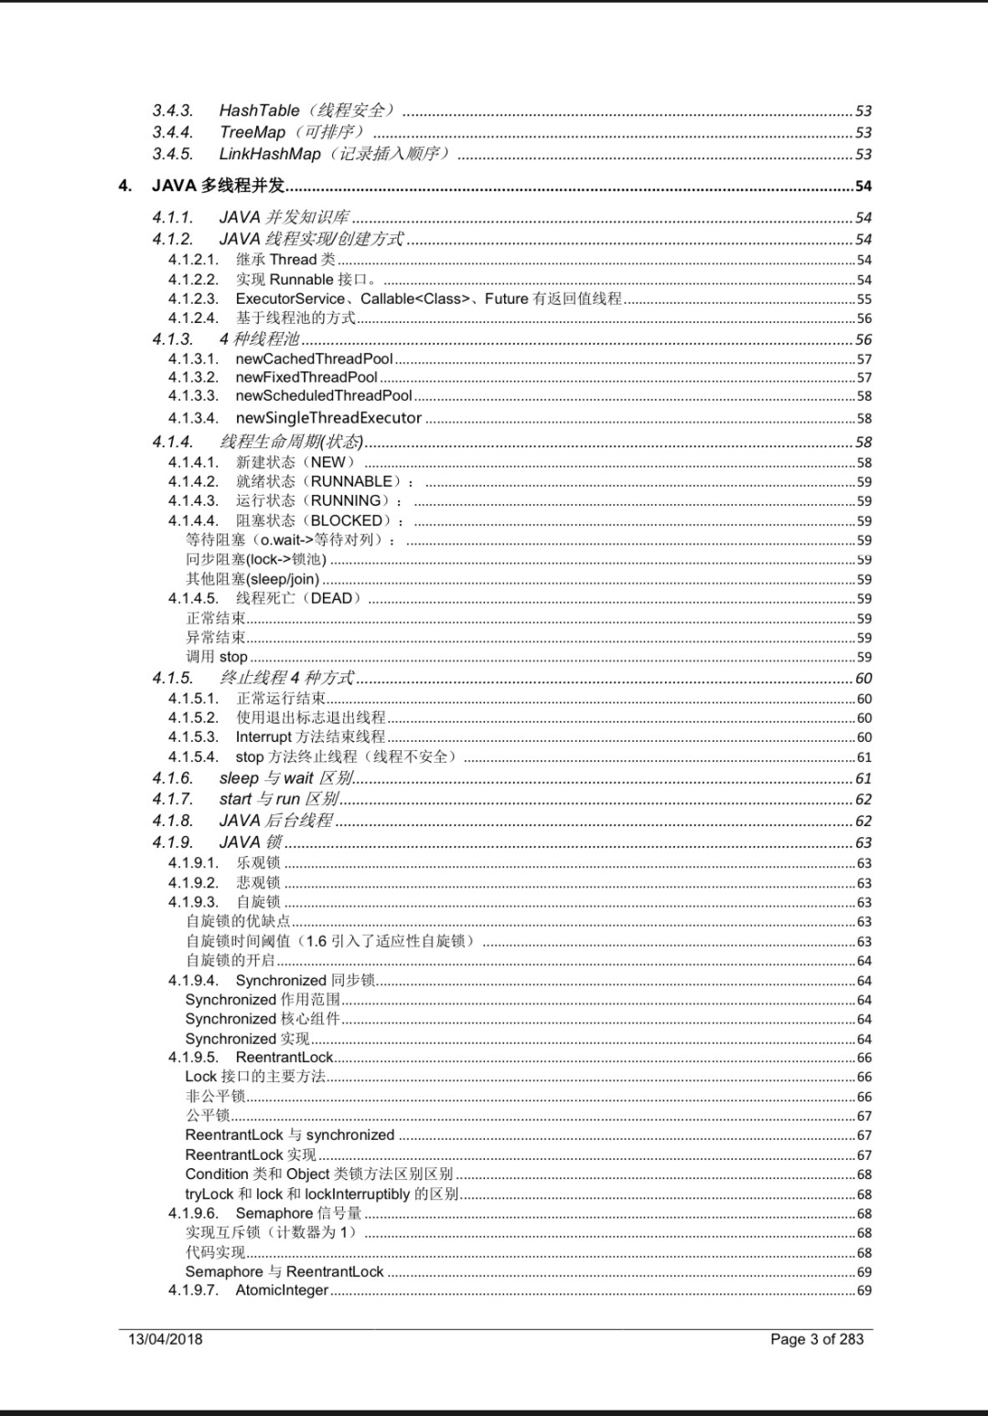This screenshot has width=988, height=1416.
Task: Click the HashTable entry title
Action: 259,111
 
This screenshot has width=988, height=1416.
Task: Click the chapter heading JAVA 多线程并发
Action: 219,186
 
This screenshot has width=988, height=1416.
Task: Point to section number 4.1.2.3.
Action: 193,299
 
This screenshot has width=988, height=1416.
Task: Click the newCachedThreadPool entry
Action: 314,359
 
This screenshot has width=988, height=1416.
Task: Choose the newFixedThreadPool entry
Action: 306,378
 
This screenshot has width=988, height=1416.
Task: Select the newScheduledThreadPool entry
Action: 324,396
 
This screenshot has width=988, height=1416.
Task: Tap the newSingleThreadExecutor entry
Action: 328,418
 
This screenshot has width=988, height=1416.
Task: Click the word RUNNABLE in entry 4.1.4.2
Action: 351,481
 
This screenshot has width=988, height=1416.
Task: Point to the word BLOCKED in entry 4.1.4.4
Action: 347,520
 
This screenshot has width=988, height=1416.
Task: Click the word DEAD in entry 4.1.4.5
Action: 331,598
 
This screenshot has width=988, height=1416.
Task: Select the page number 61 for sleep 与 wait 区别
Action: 864,778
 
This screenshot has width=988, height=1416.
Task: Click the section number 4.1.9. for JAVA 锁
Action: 173,842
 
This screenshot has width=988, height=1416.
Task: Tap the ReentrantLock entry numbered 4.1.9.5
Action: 285,1057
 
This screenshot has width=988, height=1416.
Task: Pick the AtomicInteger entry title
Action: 282,1291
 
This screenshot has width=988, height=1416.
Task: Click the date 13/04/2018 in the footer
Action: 166,1339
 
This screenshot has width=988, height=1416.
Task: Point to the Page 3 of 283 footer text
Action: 817,1339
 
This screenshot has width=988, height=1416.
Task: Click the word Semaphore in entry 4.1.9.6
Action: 274,1214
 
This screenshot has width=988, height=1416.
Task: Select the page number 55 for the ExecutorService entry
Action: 864,299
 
